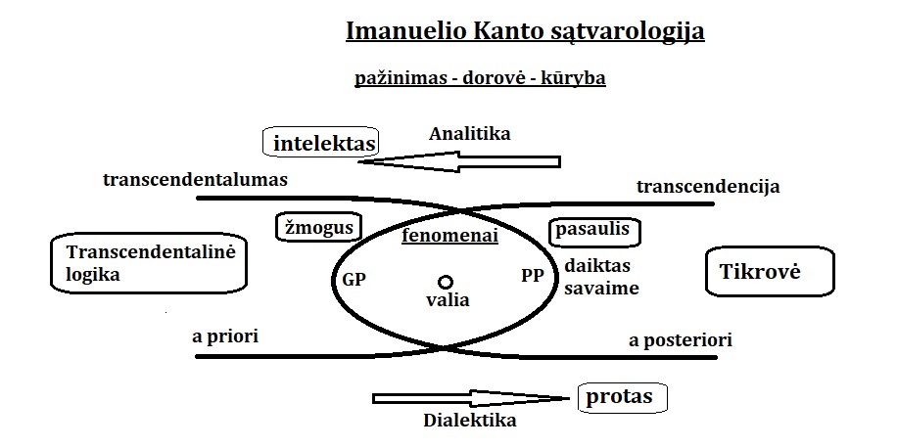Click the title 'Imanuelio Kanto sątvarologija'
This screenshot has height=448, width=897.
[x=525, y=31]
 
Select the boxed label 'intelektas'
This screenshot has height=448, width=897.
[x=323, y=144]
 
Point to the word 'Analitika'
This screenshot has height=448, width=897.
[x=470, y=133]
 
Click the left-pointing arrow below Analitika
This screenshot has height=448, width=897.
[x=460, y=161]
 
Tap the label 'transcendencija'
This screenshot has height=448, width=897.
[x=708, y=187]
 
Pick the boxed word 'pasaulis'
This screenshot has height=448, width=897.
[x=594, y=232]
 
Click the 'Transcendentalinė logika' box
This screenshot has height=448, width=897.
[x=147, y=263]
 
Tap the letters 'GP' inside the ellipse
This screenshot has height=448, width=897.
[x=354, y=278]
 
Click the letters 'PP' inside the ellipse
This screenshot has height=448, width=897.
[x=532, y=276]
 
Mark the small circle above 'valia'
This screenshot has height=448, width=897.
[x=446, y=282]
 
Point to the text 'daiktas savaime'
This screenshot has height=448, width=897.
[x=601, y=277]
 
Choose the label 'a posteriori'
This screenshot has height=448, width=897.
[x=680, y=340]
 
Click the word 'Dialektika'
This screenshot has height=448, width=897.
[x=469, y=422]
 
